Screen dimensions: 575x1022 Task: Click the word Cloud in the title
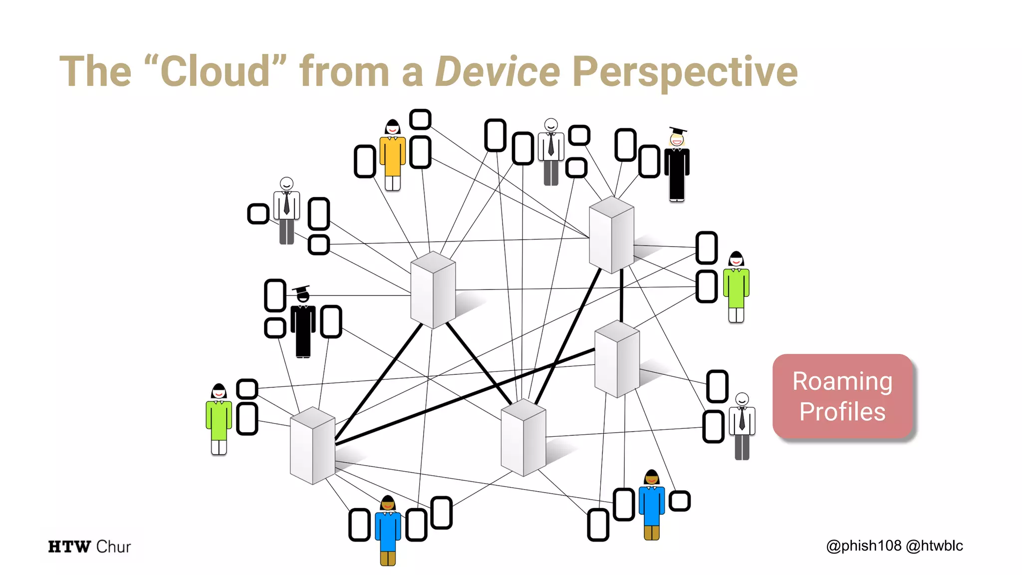(x=216, y=71)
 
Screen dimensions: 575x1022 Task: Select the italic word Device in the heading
(x=498, y=71)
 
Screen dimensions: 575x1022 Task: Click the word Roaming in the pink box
(x=842, y=381)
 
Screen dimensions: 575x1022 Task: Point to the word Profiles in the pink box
(x=842, y=412)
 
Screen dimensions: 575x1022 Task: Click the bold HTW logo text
(x=69, y=547)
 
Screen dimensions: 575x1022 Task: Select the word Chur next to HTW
(x=113, y=547)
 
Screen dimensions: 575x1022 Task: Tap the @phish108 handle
(x=863, y=546)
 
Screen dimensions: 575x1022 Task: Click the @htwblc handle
(x=934, y=546)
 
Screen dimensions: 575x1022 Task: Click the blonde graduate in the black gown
(x=677, y=167)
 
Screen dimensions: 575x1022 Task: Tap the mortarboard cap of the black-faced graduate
(x=301, y=289)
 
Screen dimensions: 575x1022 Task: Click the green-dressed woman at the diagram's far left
(x=219, y=419)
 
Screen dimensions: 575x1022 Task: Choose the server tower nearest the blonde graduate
(x=611, y=235)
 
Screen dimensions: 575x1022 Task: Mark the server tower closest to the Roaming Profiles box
(x=617, y=359)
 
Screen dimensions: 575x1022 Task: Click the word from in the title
(x=344, y=71)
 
